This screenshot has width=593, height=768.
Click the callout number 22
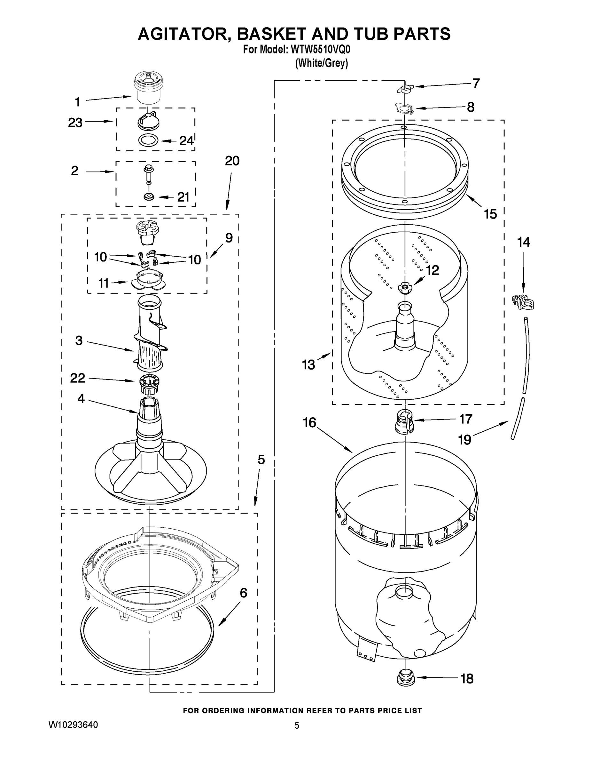(x=77, y=378)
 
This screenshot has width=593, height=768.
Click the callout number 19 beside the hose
(x=465, y=440)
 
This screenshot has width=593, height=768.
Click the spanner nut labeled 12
(x=404, y=287)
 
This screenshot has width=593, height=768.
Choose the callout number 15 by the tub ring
(x=490, y=214)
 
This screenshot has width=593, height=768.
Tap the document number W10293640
(x=73, y=725)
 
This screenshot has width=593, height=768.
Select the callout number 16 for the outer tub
(x=309, y=423)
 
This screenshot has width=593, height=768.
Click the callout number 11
(x=103, y=283)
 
